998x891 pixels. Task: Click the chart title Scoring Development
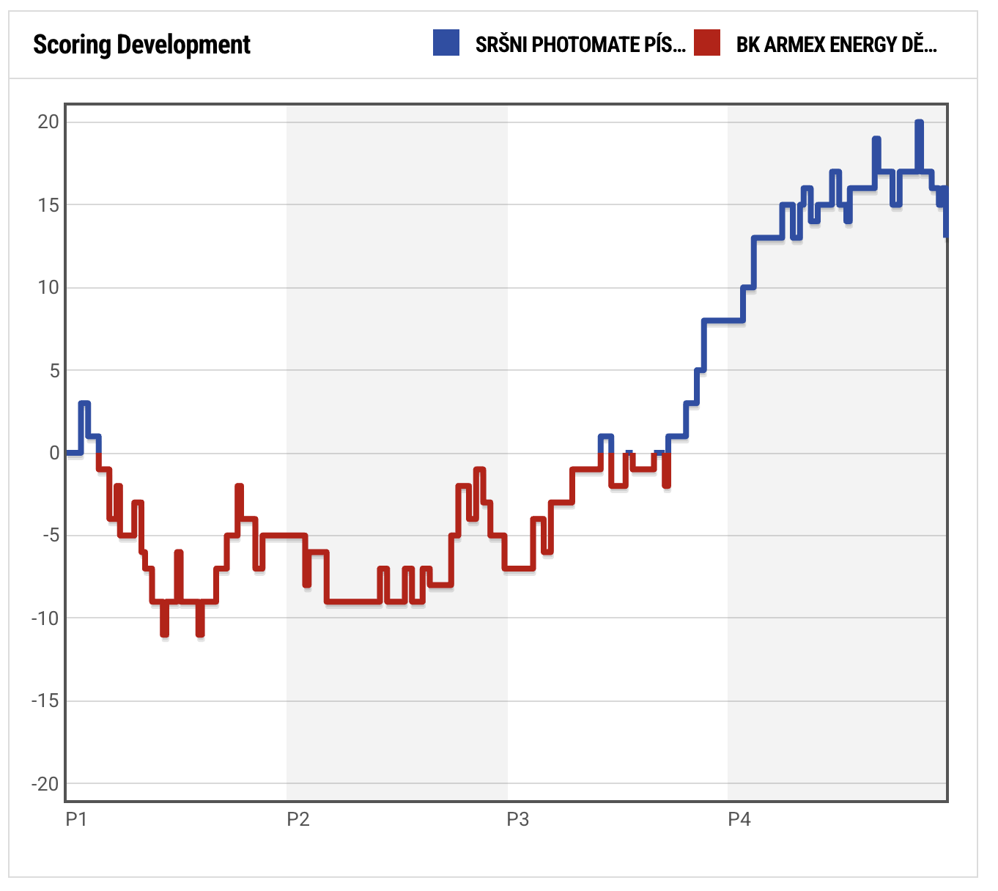[141, 45]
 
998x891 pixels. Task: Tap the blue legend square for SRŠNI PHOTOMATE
[446, 43]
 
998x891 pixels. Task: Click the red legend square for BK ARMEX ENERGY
[707, 43]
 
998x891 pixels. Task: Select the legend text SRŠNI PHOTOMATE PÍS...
[580, 45]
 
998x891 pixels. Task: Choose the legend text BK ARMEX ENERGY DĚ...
[836, 45]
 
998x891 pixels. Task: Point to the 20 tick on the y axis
[48, 122]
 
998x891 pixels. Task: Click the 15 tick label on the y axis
[48, 204]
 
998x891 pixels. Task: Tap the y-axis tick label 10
[48, 287]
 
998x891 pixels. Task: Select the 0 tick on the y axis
[54, 453]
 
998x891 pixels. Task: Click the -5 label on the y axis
[51, 536]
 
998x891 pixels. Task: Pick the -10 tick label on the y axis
[45, 618]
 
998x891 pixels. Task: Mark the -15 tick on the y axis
[45, 701]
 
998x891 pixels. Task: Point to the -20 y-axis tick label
[45, 784]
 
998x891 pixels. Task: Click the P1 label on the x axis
[76, 819]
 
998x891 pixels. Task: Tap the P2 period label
[297, 819]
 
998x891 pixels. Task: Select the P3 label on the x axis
[517, 819]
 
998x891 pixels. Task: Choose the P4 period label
[739, 819]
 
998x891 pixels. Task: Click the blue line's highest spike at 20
[919, 124]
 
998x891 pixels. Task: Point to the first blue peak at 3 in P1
[84, 404]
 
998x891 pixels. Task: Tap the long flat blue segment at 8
[723, 321]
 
